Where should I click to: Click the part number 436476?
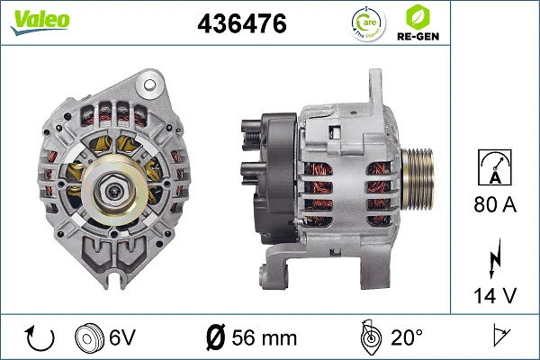tap(242, 24)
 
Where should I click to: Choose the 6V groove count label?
tap(124, 338)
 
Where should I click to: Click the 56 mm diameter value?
tap(265, 338)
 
